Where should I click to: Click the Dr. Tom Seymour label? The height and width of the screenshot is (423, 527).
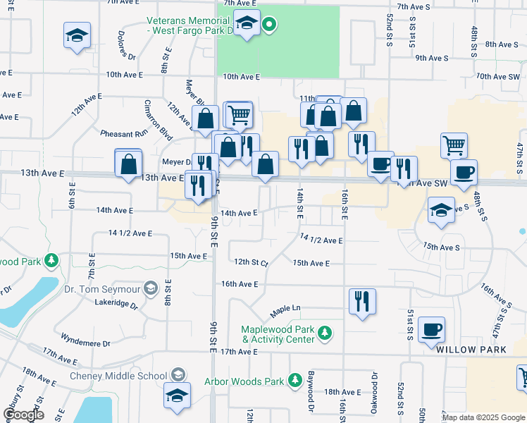[101, 288]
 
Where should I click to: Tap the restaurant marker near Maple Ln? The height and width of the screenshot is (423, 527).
[362, 301]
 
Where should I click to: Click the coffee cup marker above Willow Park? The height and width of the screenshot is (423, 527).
[430, 329]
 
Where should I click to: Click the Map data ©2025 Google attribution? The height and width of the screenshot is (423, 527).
[483, 417]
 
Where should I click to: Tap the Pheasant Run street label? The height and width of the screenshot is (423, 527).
[124, 133]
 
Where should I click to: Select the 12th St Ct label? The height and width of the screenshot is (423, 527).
[252, 262]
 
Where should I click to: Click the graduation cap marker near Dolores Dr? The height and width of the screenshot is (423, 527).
[77, 36]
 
